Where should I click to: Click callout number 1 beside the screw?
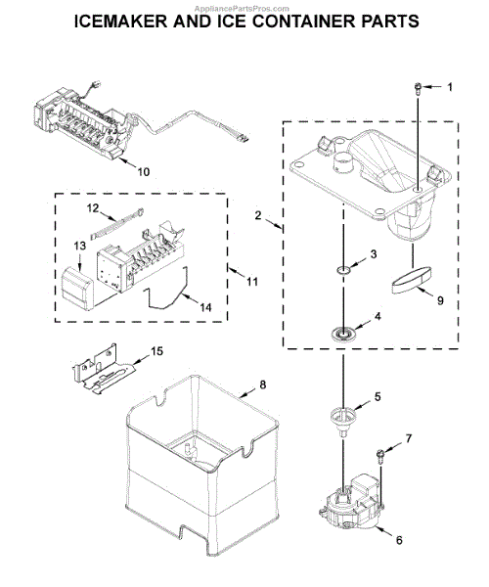tap(451, 88)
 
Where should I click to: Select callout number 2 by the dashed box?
tap(257, 217)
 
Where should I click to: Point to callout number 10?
tap(143, 173)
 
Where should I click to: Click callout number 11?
tap(252, 282)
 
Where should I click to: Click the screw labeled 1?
tap(418, 90)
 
